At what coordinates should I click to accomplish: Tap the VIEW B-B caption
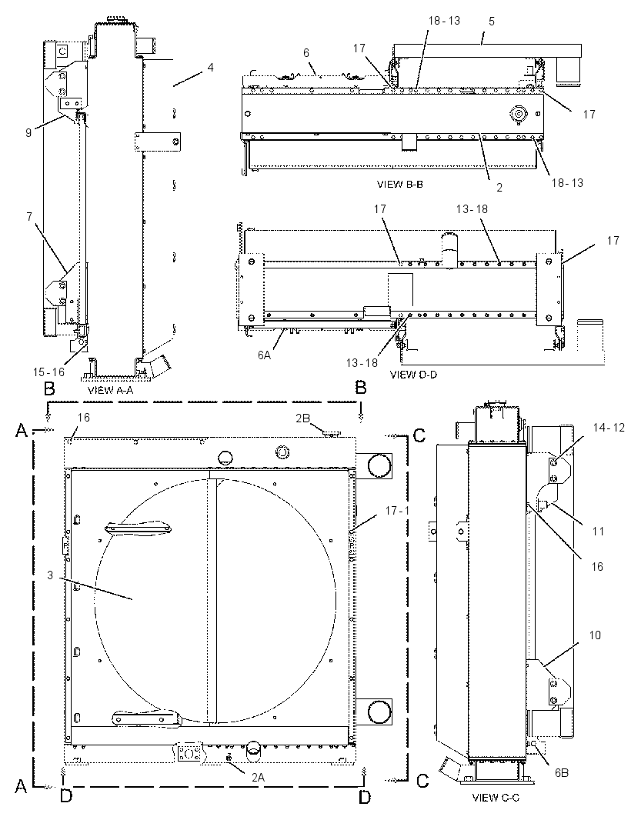(x=399, y=185)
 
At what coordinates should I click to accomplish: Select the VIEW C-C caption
(x=496, y=798)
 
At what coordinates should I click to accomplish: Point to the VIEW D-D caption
(x=413, y=375)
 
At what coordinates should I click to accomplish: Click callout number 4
(x=210, y=68)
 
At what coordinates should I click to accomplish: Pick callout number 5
(x=491, y=22)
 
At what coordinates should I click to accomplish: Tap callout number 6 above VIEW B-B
(x=306, y=53)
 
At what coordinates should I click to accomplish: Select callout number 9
(x=28, y=133)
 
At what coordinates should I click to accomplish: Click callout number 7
(x=29, y=216)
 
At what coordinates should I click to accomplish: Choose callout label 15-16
(x=48, y=372)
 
